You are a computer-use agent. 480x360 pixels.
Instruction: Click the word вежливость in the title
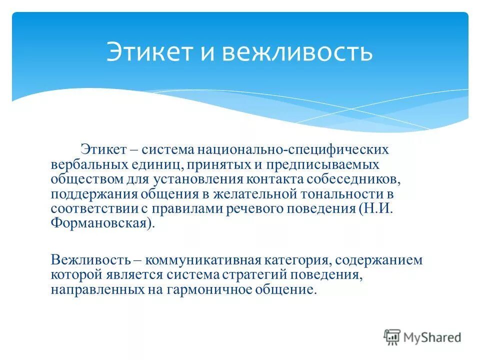[297, 52]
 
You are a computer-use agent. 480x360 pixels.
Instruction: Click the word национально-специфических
[293, 149]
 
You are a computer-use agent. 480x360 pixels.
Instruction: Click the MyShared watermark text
[432, 337]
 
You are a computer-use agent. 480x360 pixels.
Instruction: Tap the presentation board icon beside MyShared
[392, 337]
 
